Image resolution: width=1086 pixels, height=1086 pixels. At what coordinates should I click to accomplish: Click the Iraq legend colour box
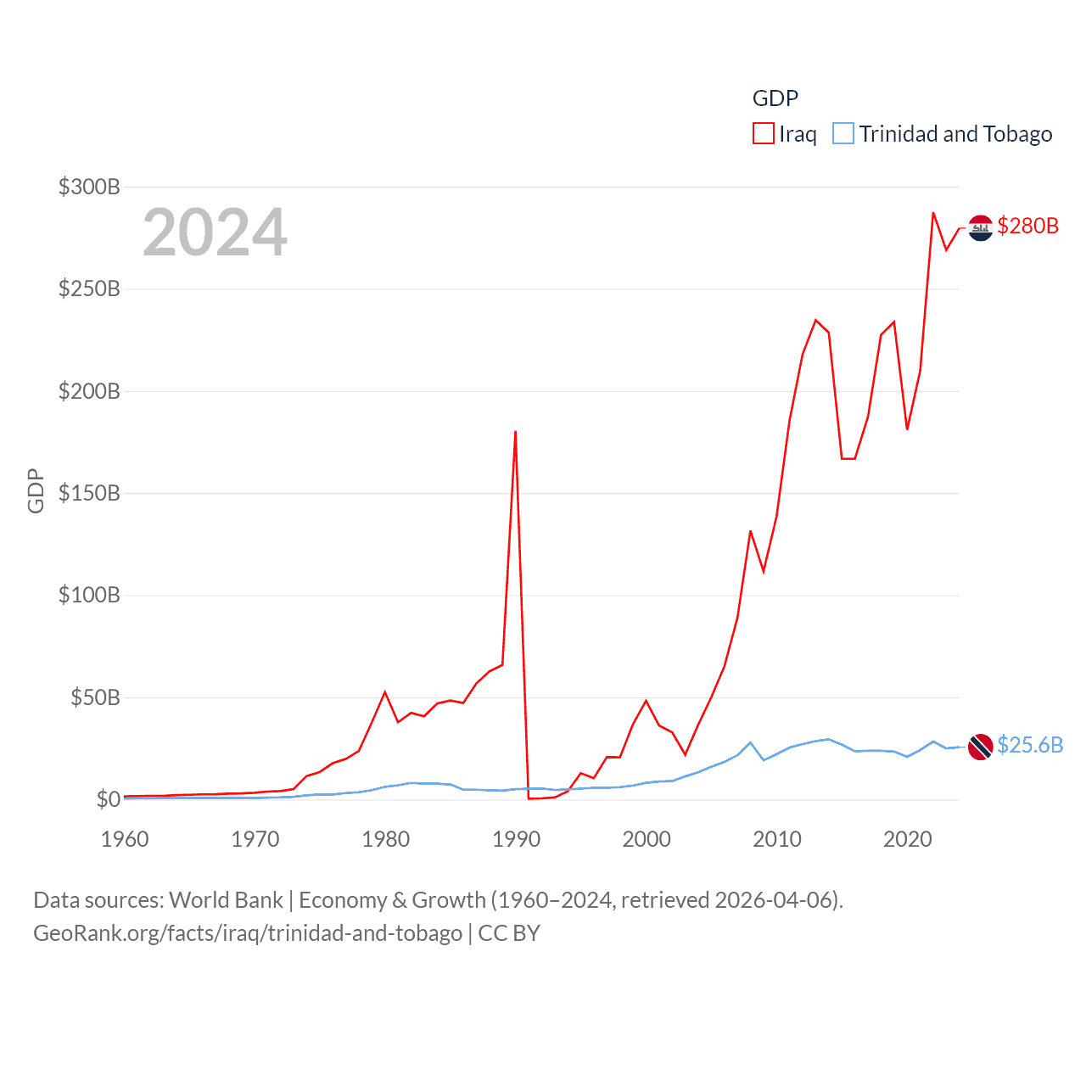[x=763, y=134]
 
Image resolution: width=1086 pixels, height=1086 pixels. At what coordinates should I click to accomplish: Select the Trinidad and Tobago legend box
[x=842, y=134]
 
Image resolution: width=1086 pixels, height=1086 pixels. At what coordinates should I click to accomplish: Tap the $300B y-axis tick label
[x=89, y=187]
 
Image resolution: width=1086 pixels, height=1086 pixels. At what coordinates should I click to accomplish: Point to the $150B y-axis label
[x=89, y=493]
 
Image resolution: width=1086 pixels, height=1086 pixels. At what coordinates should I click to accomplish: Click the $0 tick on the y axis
[x=108, y=799]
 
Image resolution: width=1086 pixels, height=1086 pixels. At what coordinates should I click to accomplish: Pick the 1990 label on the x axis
[x=516, y=839]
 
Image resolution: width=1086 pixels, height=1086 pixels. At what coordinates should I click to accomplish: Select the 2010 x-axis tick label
[x=777, y=839]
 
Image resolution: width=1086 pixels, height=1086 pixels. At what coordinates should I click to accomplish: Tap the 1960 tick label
[x=125, y=839]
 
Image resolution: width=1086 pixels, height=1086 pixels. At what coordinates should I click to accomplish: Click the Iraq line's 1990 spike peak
[x=515, y=432]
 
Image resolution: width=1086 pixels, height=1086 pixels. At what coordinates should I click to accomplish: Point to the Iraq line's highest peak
[x=933, y=213]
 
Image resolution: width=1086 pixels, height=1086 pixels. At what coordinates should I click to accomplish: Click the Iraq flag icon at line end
[x=980, y=227]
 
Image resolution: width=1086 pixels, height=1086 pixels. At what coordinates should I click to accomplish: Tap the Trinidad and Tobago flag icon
[x=980, y=747]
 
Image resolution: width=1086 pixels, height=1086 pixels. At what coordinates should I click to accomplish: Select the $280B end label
[x=1027, y=226]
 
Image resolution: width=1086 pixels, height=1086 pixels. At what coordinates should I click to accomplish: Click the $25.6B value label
[x=1030, y=745]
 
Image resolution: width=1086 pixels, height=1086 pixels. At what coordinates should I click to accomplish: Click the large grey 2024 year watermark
[x=215, y=232]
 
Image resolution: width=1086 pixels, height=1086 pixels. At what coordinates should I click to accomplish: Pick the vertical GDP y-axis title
[x=36, y=490]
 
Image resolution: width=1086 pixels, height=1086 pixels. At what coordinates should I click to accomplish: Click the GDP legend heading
[x=775, y=98]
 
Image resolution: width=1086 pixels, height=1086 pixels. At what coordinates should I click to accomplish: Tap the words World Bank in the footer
[x=226, y=899]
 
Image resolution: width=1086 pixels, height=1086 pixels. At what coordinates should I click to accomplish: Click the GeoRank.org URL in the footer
[x=248, y=933]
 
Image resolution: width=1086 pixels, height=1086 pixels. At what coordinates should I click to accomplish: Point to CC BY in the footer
[x=509, y=933]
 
